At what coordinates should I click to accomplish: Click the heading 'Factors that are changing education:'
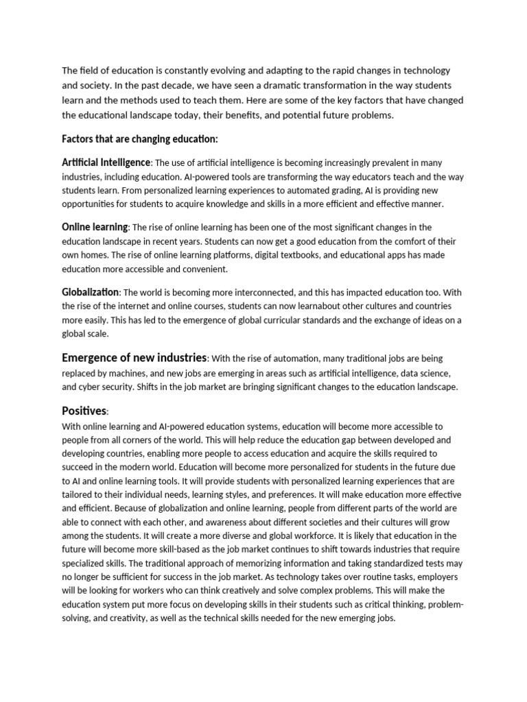(140, 139)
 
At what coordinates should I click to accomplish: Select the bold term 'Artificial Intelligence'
(106, 162)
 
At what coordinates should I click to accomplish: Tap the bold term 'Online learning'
(95, 227)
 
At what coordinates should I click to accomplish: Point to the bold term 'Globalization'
(90, 292)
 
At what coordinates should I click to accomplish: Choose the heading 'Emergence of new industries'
(134, 358)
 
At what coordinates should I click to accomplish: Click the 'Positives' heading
(84, 411)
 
